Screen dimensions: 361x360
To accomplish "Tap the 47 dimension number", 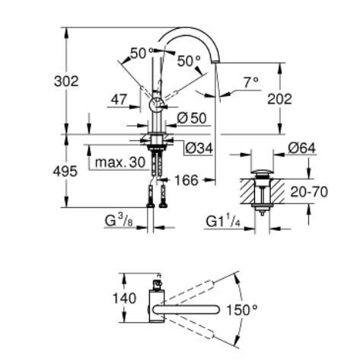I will coord(118,98).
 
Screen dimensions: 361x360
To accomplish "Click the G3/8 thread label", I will coord(120,222).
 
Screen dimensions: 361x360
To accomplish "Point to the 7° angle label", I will coord(250,81).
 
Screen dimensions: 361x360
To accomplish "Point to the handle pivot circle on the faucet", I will coord(155,105).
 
